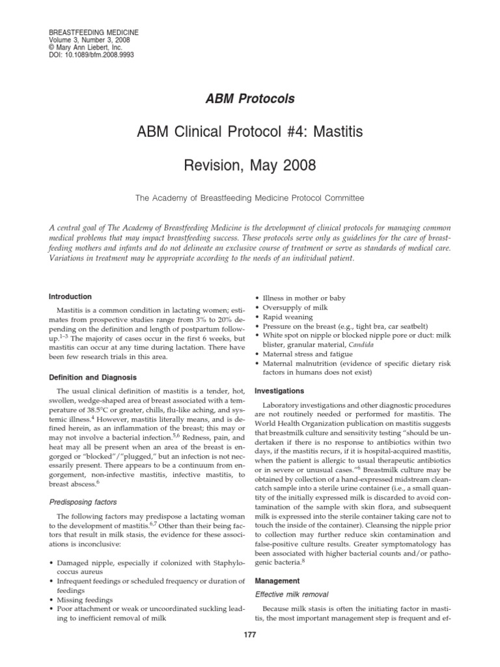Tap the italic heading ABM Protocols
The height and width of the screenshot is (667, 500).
tap(250, 99)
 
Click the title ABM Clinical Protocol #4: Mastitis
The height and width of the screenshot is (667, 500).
tap(250, 133)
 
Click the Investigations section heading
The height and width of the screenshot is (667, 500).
tap(279, 391)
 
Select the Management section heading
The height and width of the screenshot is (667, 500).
tap(277, 580)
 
